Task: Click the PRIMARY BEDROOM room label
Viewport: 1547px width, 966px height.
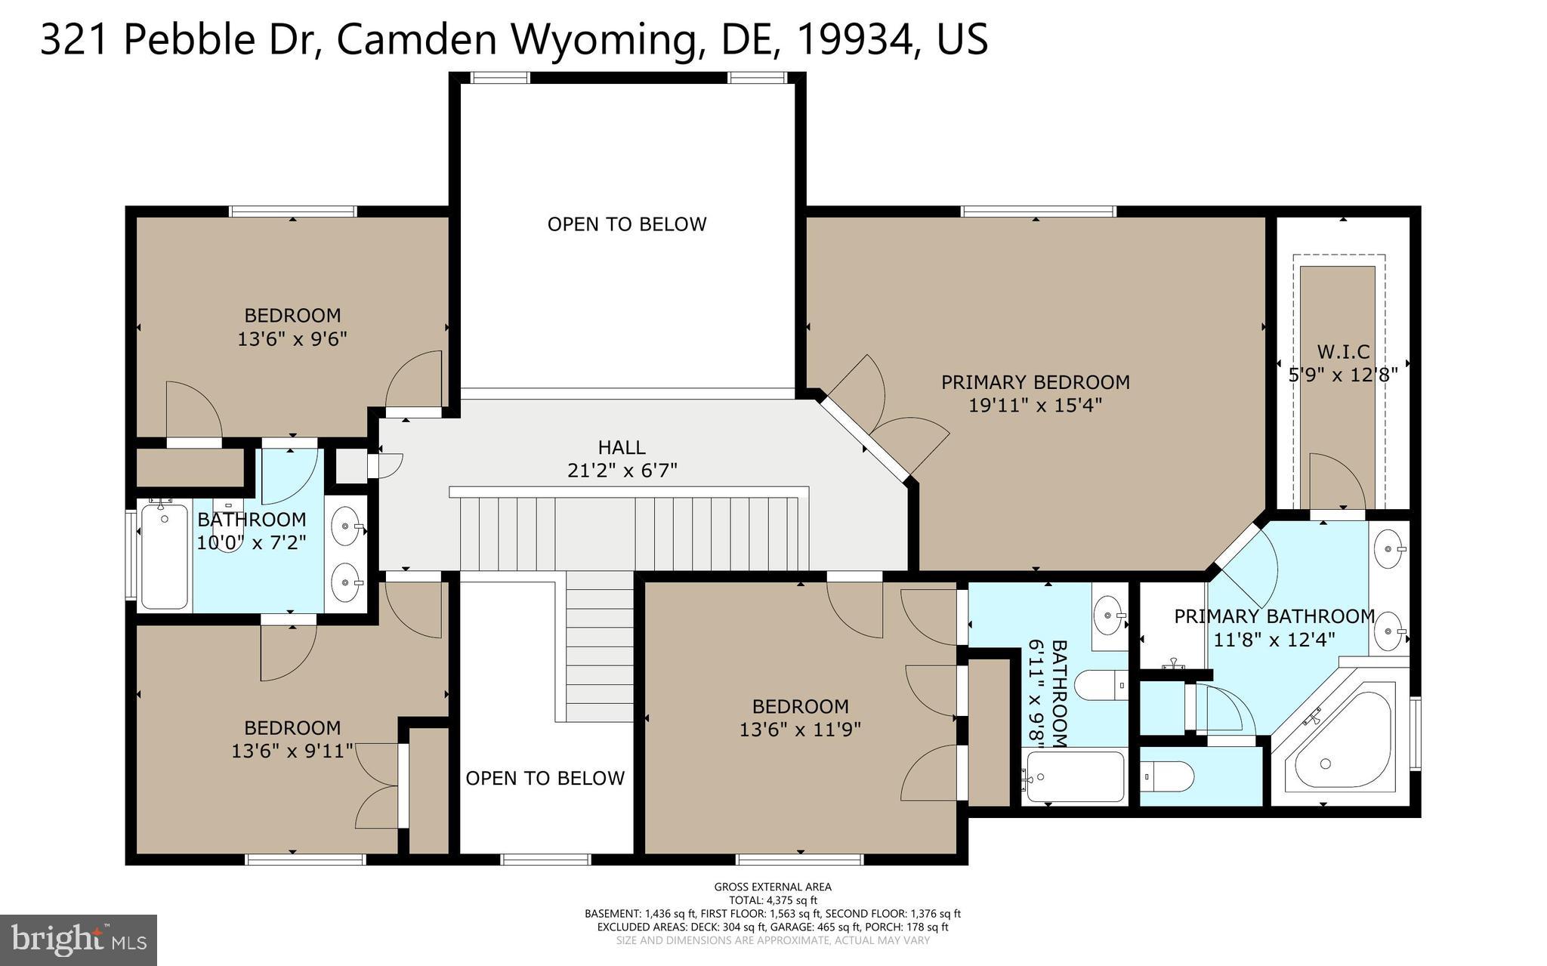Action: (x=1035, y=382)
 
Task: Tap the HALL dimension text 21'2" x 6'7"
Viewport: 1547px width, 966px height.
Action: (x=622, y=471)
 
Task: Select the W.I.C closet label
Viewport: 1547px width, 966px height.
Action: (x=1343, y=352)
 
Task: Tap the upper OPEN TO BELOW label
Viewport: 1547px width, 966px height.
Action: (x=627, y=224)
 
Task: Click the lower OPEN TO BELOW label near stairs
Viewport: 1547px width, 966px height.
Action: (x=545, y=779)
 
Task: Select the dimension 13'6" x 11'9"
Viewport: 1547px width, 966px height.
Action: (x=800, y=730)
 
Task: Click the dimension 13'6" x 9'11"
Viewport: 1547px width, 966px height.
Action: (x=292, y=751)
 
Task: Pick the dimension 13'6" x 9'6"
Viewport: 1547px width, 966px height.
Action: (x=292, y=338)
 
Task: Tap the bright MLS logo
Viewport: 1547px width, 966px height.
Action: (x=79, y=940)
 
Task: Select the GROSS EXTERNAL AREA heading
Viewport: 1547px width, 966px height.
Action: (x=772, y=887)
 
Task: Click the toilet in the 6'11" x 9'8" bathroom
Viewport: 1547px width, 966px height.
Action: (x=1100, y=687)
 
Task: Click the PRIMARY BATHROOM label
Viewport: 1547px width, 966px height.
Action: (x=1274, y=616)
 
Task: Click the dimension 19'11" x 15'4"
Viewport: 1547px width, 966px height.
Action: (x=1035, y=406)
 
